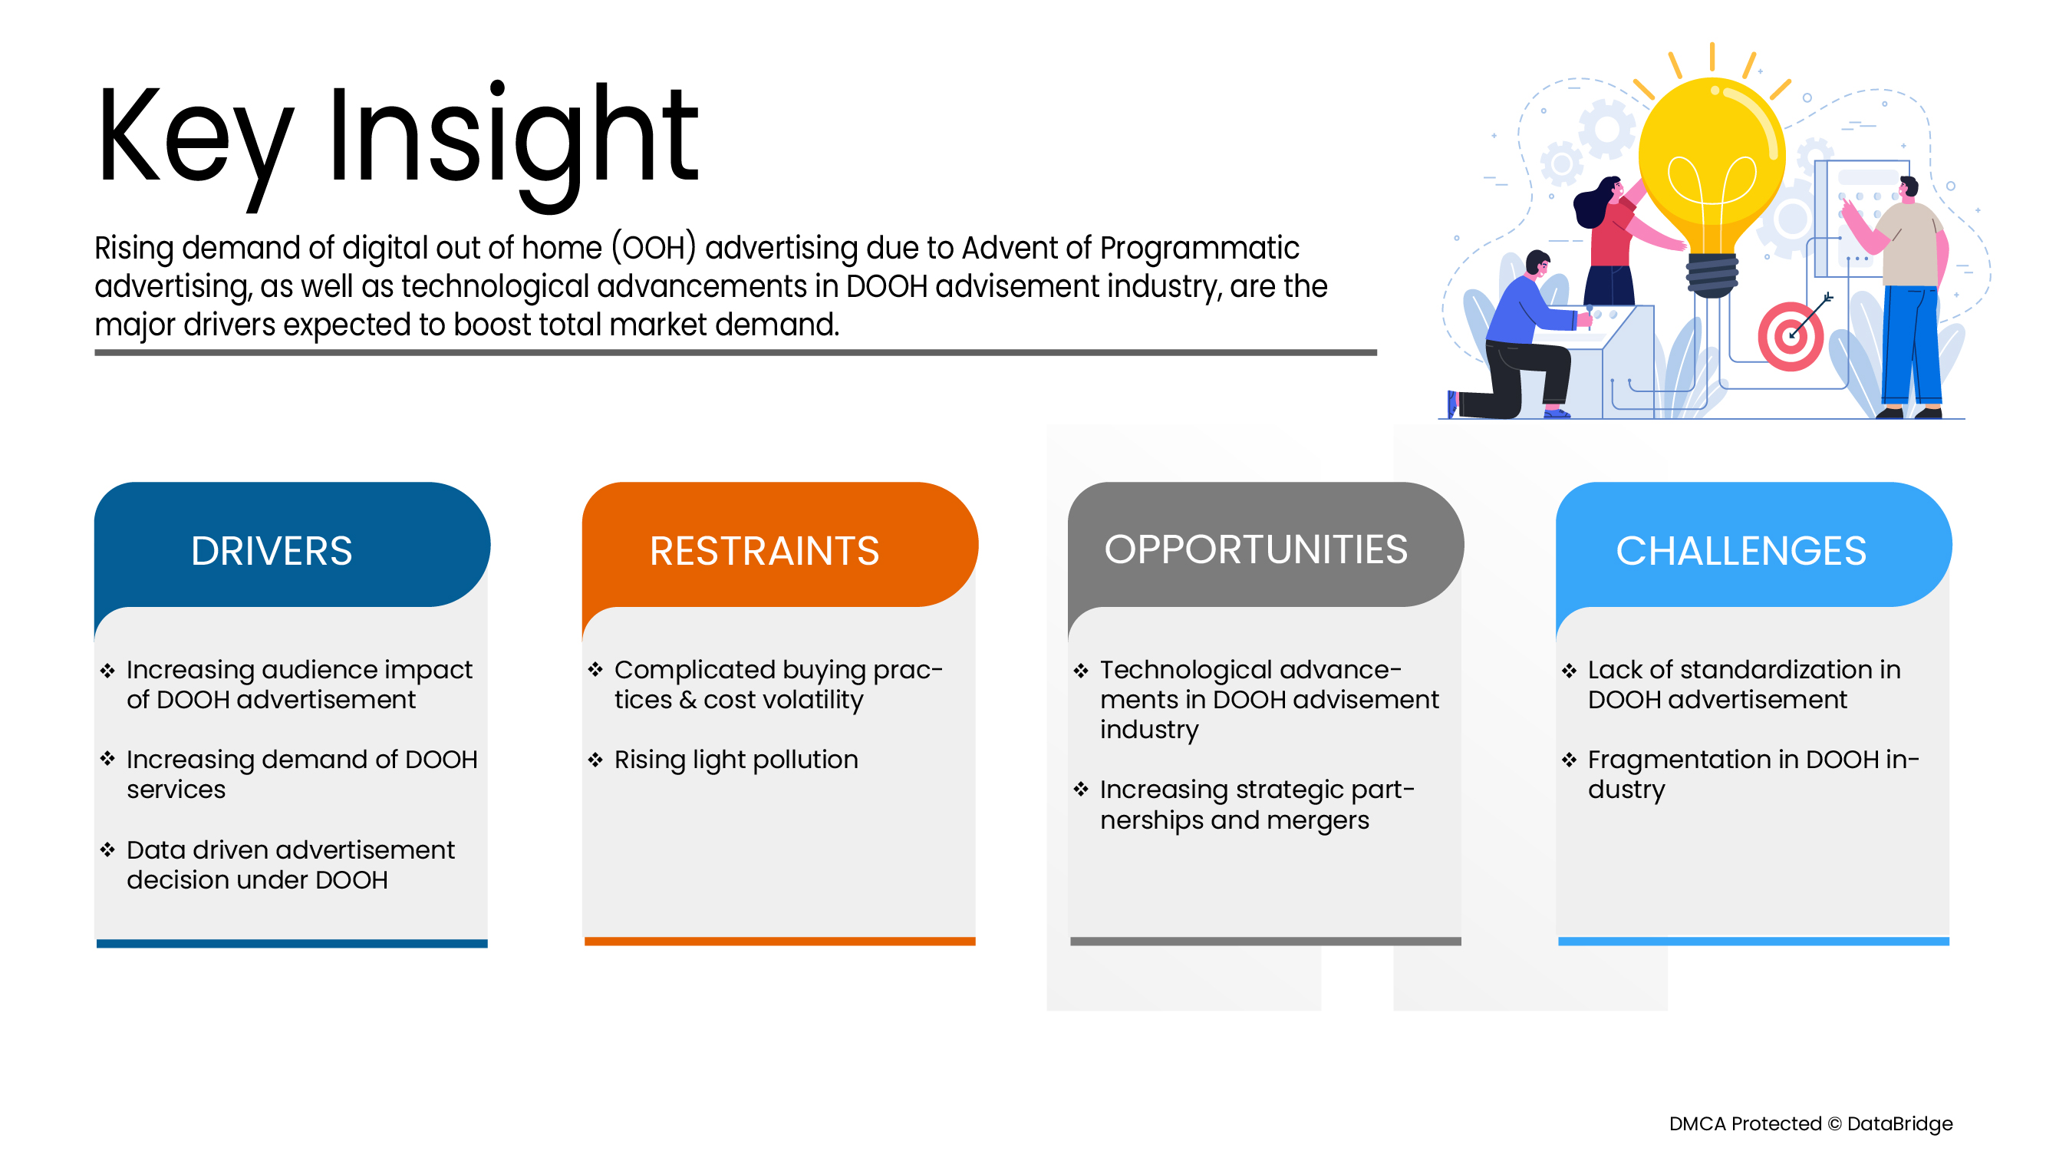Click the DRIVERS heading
(x=271, y=550)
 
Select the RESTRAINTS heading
(x=764, y=550)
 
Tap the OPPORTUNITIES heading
(x=1256, y=549)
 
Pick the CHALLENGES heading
(x=1741, y=550)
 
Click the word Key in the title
(x=195, y=139)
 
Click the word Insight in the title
(x=512, y=139)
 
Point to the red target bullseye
(x=1791, y=336)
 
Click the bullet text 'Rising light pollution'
(x=736, y=760)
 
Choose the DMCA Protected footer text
(x=1810, y=1123)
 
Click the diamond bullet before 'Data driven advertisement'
(x=107, y=850)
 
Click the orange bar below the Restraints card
(x=779, y=942)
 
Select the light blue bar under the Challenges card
(x=1753, y=942)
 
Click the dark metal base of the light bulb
(x=1712, y=274)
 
